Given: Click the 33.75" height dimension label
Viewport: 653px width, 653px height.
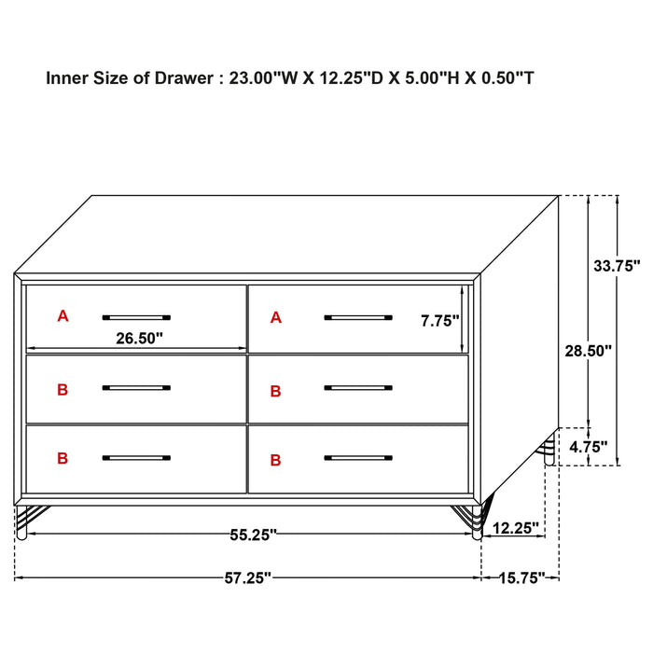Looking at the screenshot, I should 617,265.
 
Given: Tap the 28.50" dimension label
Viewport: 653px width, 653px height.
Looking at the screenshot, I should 588,351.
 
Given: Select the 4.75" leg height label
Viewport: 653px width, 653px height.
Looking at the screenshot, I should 588,446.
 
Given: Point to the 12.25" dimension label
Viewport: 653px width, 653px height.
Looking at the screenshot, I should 515,528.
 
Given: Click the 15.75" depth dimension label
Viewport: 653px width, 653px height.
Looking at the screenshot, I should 520,578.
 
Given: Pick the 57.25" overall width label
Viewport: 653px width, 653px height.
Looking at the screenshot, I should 247,578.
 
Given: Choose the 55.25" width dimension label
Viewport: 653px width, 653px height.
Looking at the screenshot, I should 254,535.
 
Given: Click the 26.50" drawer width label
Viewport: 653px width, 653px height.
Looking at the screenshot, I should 140,339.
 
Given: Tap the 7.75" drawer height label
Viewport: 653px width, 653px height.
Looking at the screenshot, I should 440,321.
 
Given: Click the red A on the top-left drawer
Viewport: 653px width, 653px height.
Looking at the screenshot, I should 63,316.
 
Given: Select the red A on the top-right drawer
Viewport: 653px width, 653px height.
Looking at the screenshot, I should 275,318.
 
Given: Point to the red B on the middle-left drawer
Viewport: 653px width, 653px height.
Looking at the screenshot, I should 63,389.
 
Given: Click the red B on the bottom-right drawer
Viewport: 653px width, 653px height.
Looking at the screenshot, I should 275,460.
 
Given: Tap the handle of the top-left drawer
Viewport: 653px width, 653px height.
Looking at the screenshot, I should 136,317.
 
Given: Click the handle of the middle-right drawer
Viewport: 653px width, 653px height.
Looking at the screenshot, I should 358,387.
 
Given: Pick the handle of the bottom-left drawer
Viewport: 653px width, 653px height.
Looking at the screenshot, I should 136,458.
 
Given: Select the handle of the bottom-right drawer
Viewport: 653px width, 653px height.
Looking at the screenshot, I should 358,458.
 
